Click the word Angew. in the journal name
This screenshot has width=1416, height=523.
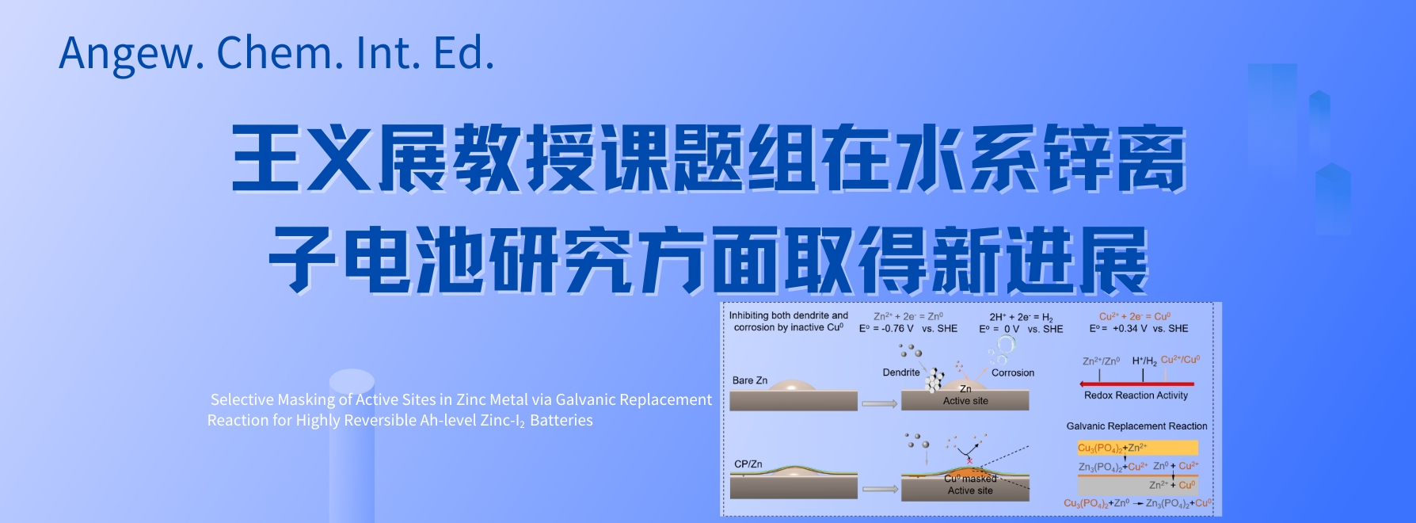tap(128, 53)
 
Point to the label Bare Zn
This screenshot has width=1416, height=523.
tap(750, 380)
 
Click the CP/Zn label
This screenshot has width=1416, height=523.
tap(748, 464)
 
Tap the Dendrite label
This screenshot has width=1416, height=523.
tap(901, 372)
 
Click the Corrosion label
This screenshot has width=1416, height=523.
tap(1013, 372)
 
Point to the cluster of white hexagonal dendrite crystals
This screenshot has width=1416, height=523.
tap(935, 380)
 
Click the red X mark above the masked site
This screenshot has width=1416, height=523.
tap(969, 460)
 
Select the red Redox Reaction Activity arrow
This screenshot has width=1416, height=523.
tap(1136, 384)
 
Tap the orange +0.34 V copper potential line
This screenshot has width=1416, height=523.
tap(1139, 328)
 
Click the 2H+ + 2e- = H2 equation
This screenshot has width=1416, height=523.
tap(1021, 317)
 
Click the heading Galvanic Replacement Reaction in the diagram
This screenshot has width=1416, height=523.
tap(1136, 426)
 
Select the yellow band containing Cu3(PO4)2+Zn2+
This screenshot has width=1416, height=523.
tap(1137, 448)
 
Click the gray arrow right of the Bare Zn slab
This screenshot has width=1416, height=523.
tap(879, 404)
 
